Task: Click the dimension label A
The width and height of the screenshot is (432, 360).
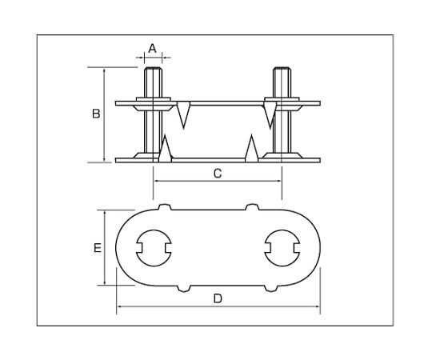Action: [x=152, y=49]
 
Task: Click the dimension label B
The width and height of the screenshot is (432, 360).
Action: [x=96, y=114]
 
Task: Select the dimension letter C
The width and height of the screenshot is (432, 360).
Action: [x=218, y=174]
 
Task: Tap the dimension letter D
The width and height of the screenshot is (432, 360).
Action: [x=218, y=298]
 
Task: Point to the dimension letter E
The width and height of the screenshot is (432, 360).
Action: [x=98, y=248]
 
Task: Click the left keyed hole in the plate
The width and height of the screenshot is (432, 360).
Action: [x=154, y=248]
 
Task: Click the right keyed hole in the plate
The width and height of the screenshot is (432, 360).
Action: [x=282, y=248]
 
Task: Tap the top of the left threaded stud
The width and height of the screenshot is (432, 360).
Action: [x=153, y=68]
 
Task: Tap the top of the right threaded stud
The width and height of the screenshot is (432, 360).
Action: [x=282, y=68]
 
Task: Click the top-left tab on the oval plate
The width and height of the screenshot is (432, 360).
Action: [x=165, y=207]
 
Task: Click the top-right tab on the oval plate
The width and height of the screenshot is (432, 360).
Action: [x=251, y=207]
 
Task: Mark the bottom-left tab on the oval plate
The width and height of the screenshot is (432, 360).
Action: [x=183, y=288]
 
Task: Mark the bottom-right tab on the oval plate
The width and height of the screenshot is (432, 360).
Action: [x=271, y=288]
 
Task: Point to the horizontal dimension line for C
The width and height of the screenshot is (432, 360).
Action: [x=218, y=181]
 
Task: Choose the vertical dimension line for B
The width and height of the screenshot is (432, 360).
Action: [x=104, y=114]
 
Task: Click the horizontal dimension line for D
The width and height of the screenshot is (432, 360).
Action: [x=218, y=306]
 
